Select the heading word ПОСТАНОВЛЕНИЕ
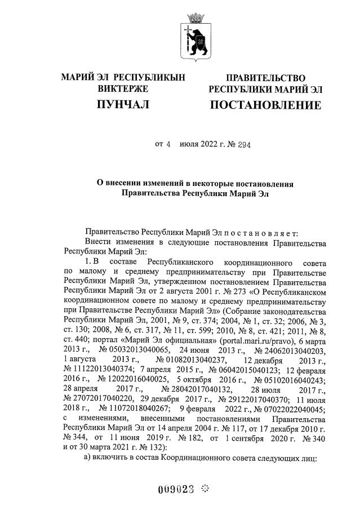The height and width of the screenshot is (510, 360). (265, 105)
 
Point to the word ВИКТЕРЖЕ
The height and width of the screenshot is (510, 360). (123, 89)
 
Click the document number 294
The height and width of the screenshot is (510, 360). (243, 144)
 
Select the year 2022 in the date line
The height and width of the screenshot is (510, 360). (207, 144)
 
